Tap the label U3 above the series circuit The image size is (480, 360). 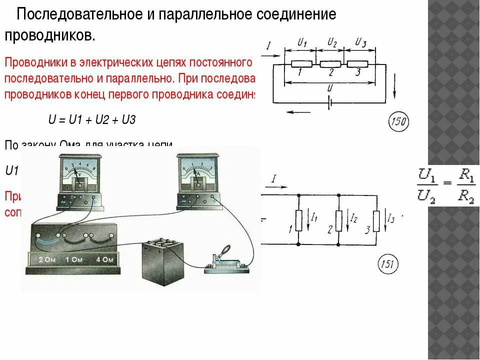[360, 43]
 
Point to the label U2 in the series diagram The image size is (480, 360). [332, 43]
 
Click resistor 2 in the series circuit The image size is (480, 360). [330, 64]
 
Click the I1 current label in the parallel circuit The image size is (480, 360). [314, 218]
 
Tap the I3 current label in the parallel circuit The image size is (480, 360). [391, 218]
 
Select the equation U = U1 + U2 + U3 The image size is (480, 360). [92, 120]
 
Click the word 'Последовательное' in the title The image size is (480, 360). [79, 14]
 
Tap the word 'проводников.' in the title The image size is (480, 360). [49, 35]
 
